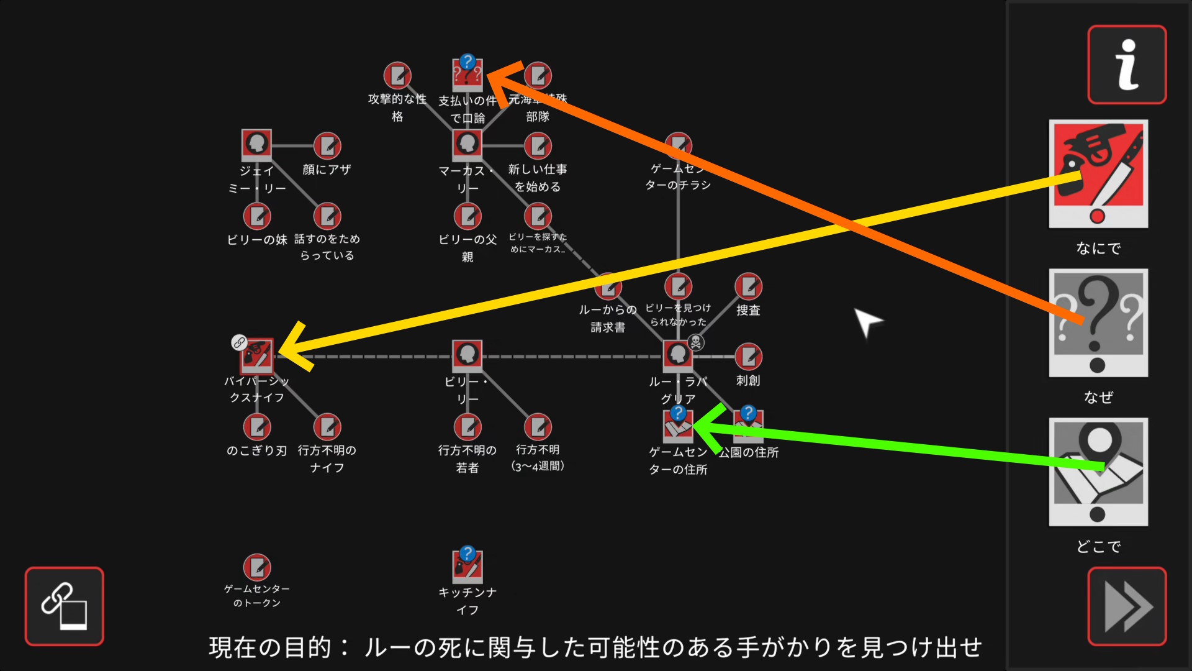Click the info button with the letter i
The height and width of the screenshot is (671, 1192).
(1126, 65)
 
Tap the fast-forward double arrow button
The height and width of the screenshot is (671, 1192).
(1126, 606)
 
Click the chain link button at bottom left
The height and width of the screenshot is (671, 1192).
(64, 606)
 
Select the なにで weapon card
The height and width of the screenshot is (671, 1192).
(1098, 174)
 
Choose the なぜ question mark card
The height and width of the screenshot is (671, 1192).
(1098, 323)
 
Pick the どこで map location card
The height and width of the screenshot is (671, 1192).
(1098, 472)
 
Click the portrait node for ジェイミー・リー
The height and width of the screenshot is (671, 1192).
(256, 145)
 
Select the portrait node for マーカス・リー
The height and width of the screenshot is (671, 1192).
(467, 145)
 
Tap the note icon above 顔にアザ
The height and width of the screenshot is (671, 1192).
(327, 146)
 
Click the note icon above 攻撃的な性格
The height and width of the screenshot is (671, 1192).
(397, 76)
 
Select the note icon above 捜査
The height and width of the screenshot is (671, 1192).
(748, 286)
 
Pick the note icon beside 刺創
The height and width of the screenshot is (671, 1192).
(748, 357)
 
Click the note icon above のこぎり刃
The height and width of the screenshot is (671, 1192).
(257, 427)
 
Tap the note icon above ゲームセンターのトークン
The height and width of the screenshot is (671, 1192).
(257, 567)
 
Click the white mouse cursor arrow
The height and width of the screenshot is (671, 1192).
(865, 321)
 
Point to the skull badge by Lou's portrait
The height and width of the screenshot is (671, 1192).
(697, 342)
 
